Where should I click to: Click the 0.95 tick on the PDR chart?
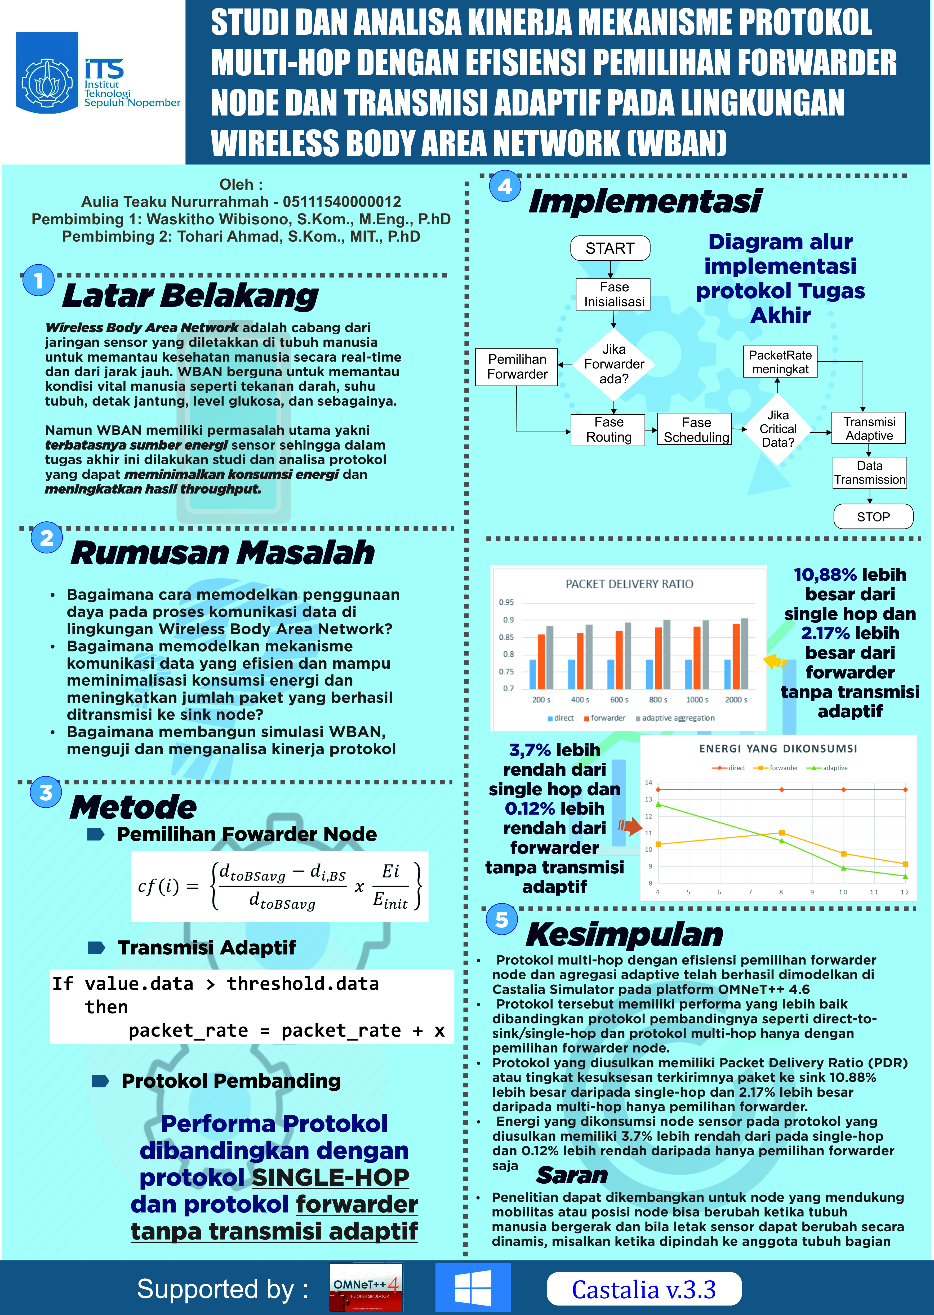(506, 602)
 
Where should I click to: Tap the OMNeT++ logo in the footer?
(366, 1288)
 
